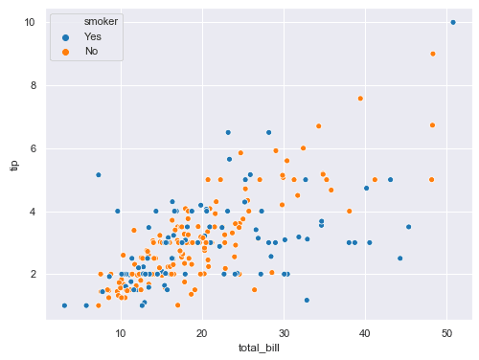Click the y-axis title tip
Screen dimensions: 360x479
(13, 166)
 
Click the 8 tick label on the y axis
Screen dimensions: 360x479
(33, 85)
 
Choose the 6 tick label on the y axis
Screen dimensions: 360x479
(33, 148)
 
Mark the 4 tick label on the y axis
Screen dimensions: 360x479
(33, 212)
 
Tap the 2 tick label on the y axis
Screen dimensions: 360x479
(33, 274)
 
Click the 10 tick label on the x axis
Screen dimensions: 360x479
(120, 332)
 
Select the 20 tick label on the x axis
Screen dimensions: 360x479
(201, 332)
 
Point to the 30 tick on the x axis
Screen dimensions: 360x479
(283, 332)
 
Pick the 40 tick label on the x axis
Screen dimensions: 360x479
(364, 332)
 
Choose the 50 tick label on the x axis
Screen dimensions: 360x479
(446, 332)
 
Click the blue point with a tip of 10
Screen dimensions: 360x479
(452, 22)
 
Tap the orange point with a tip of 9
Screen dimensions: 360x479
(433, 54)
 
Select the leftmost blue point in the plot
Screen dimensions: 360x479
(64, 305)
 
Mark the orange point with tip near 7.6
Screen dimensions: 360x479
(360, 98)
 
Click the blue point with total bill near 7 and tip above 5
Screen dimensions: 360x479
(98, 174)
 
